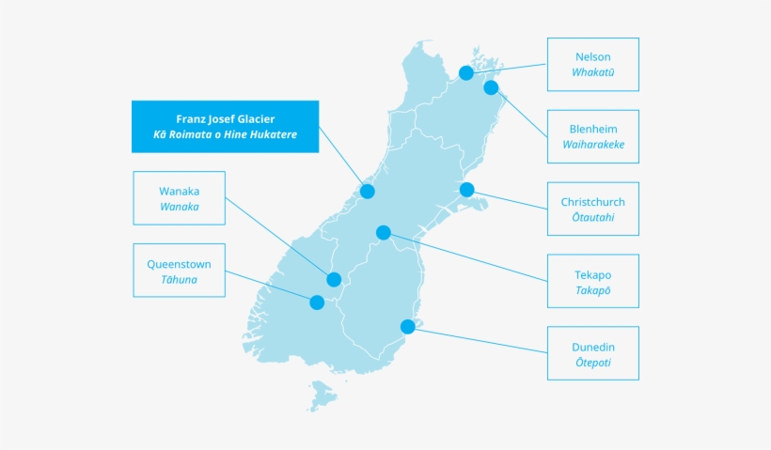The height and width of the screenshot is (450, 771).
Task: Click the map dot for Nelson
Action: click(x=466, y=72)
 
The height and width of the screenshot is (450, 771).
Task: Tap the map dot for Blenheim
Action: click(x=491, y=87)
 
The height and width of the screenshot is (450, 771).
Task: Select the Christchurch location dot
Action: click(x=466, y=190)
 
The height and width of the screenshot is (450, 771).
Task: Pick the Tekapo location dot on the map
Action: click(x=384, y=232)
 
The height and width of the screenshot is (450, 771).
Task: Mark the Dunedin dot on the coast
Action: click(x=408, y=326)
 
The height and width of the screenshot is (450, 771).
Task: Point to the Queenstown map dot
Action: click(x=317, y=303)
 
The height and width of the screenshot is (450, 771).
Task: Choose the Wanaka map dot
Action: click(x=334, y=279)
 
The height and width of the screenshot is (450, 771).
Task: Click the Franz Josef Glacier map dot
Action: click(x=368, y=191)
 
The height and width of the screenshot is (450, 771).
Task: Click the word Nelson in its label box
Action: click(x=593, y=57)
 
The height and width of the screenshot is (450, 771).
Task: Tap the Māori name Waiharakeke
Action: click(x=593, y=145)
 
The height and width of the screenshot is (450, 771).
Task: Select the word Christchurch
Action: click(x=593, y=202)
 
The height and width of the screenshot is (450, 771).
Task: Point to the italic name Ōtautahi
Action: click(x=593, y=217)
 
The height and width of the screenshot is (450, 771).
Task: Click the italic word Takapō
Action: click(x=593, y=290)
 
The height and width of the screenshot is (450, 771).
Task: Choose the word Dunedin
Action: click(x=593, y=348)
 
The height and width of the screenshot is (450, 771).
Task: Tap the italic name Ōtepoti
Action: click(x=593, y=362)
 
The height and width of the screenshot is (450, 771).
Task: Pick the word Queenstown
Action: click(x=179, y=264)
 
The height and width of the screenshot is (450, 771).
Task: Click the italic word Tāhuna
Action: click(x=179, y=279)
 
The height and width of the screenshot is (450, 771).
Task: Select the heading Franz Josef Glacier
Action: click(x=226, y=119)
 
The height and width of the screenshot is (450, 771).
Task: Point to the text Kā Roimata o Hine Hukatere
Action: click(x=226, y=134)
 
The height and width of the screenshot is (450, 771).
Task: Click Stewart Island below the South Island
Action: click(x=323, y=395)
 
